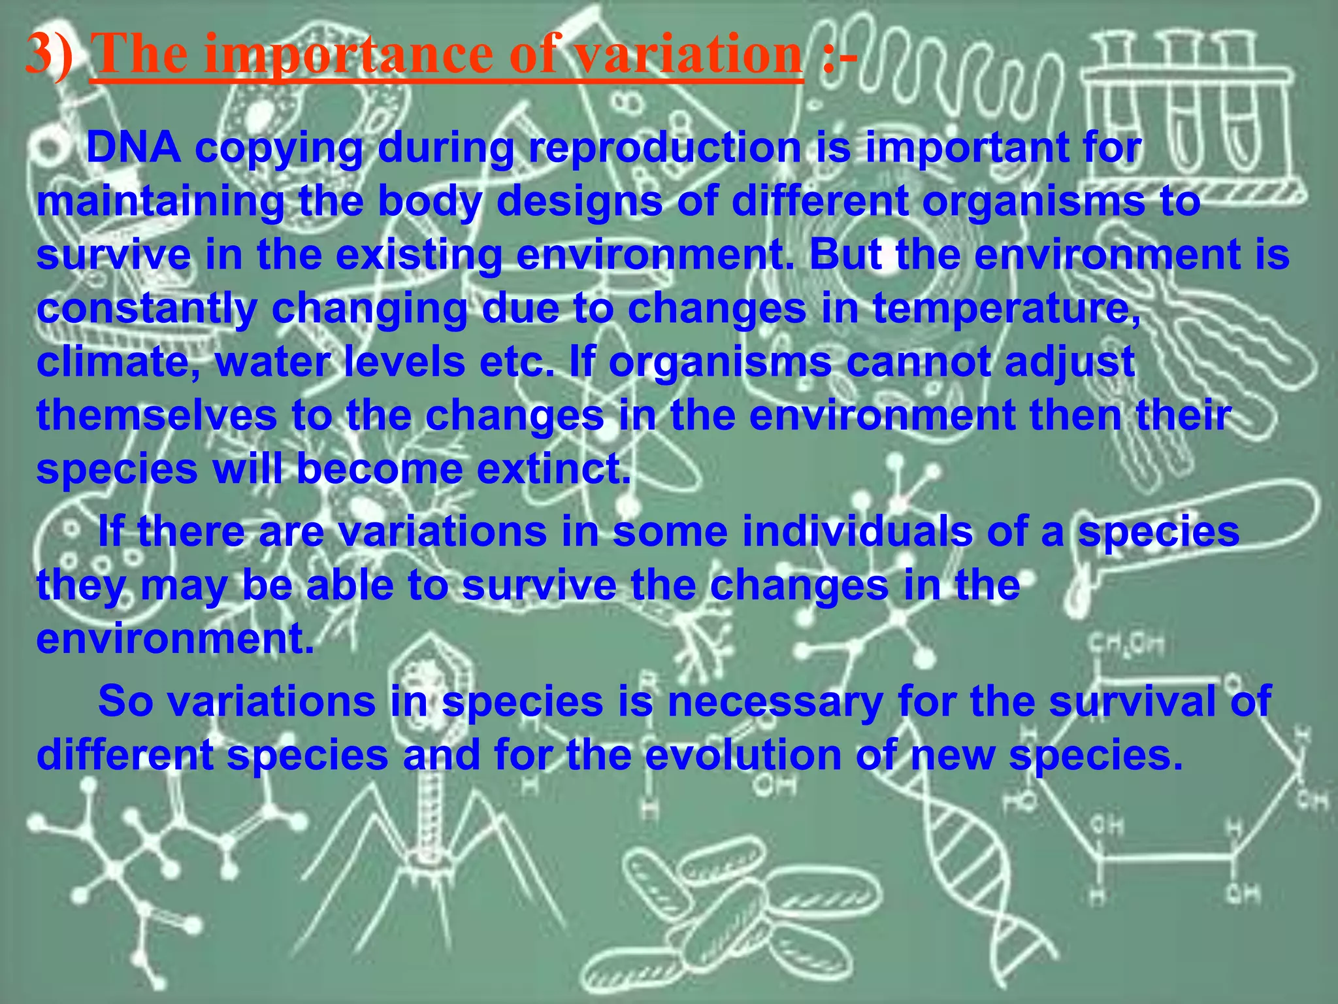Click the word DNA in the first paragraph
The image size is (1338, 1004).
[133, 148]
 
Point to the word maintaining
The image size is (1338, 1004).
[160, 201]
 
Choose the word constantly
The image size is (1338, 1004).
[146, 309]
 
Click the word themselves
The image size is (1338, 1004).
[157, 416]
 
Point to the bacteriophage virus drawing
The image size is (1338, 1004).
[429, 771]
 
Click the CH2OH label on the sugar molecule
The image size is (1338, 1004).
[1125, 645]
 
